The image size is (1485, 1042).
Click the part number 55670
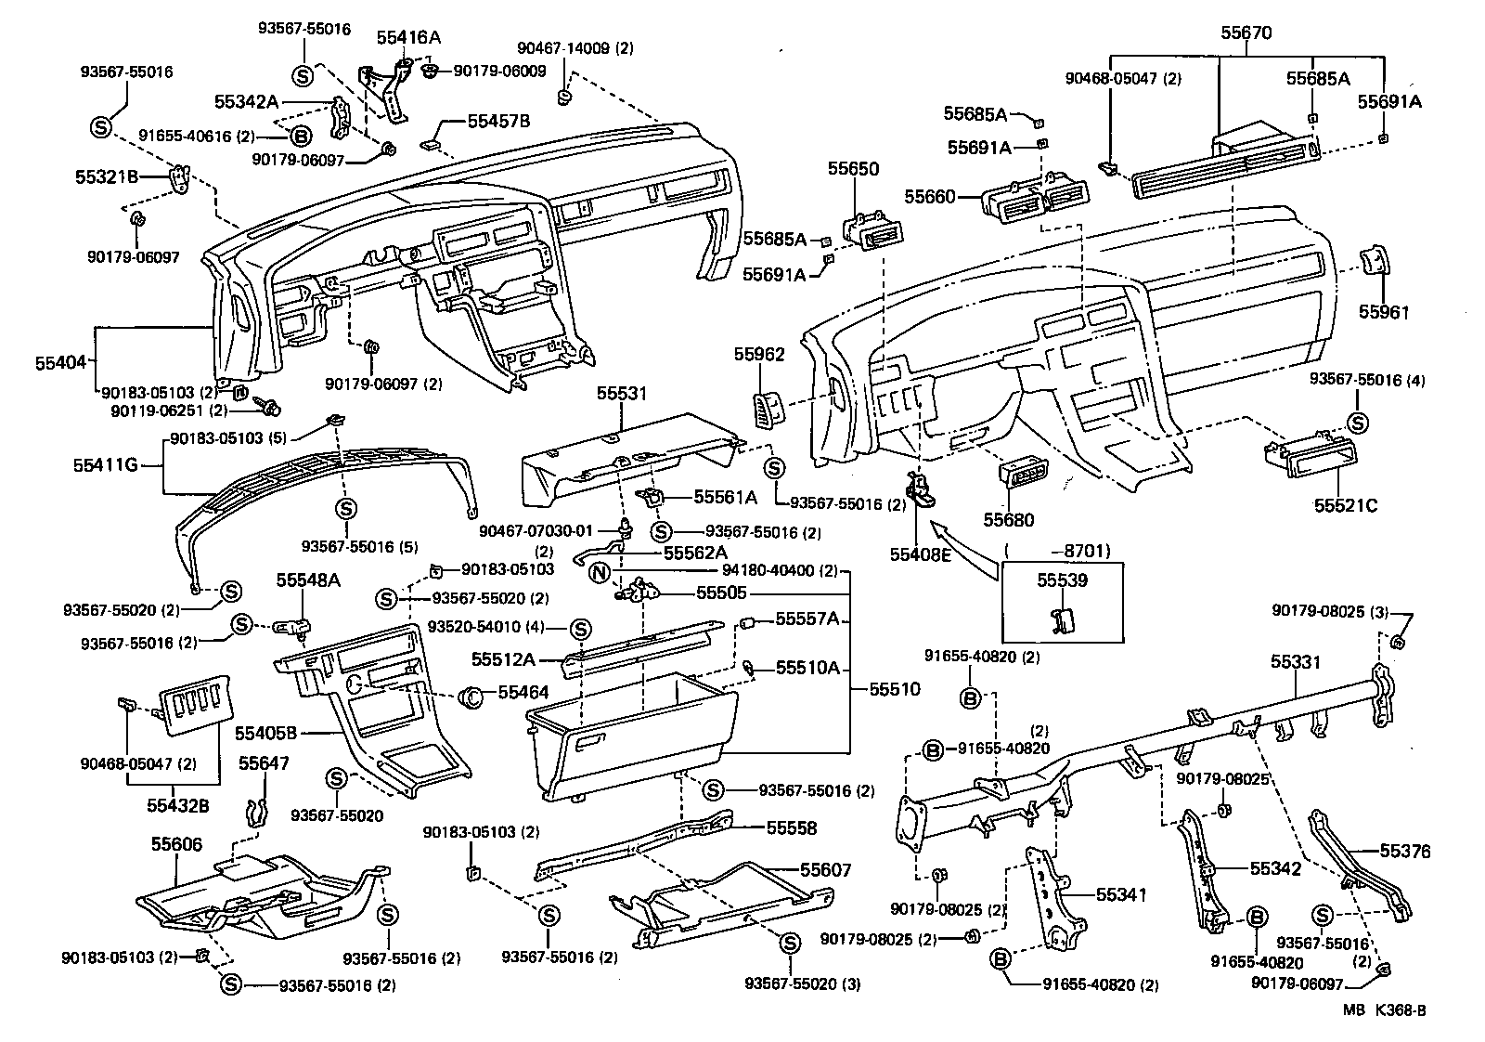[1246, 33]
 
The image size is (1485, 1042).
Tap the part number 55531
[621, 395]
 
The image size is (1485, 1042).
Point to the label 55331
[1295, 662]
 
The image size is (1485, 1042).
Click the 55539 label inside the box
[1062, 580]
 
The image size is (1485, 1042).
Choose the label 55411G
[106, 463]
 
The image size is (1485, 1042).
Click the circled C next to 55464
[471, 694]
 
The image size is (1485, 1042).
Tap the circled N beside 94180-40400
[599, 570]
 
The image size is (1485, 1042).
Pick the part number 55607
[826, 870]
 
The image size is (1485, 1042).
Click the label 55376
[1405, 852]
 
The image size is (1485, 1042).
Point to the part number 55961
[1384, 312]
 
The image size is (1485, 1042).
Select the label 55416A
[408, 37]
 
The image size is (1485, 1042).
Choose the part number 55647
[264, 763]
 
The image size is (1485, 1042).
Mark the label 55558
[792, 827]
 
